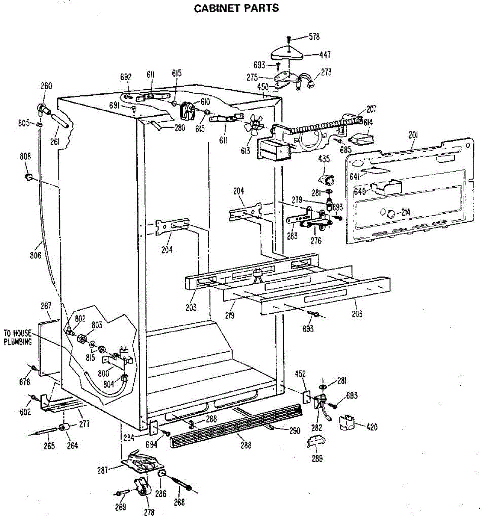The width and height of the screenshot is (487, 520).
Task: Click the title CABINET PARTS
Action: pyautogui.click(x=236, y=8)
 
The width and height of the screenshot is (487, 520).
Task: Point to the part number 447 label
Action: pyautogui.click(x=325, y=55)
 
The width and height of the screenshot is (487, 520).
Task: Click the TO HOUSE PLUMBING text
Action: pyautogui.click(x=18, y=338)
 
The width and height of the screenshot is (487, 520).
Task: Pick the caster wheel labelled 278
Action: pyautogui.click(x=141, y=489)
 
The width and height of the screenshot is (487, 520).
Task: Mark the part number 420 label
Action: pyautogui.click(x=371, y=427)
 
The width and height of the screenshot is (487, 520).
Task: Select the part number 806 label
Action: pyautogui.click(x=35, y=255)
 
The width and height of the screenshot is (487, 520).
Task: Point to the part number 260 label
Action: pyautogui.click(x=46, y=85)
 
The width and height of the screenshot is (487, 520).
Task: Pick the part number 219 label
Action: pyautogui.click(x=229, y=315)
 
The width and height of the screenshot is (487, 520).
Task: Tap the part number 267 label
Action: pyautogui.click(x=46, y=306)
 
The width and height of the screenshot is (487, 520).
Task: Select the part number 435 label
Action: pyautogui.click(x=324, y=159)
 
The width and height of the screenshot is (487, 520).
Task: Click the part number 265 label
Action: pyautogui.click(x=49, y=445)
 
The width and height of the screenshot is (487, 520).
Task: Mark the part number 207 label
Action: pyautogui.click(x=371, y=109)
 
